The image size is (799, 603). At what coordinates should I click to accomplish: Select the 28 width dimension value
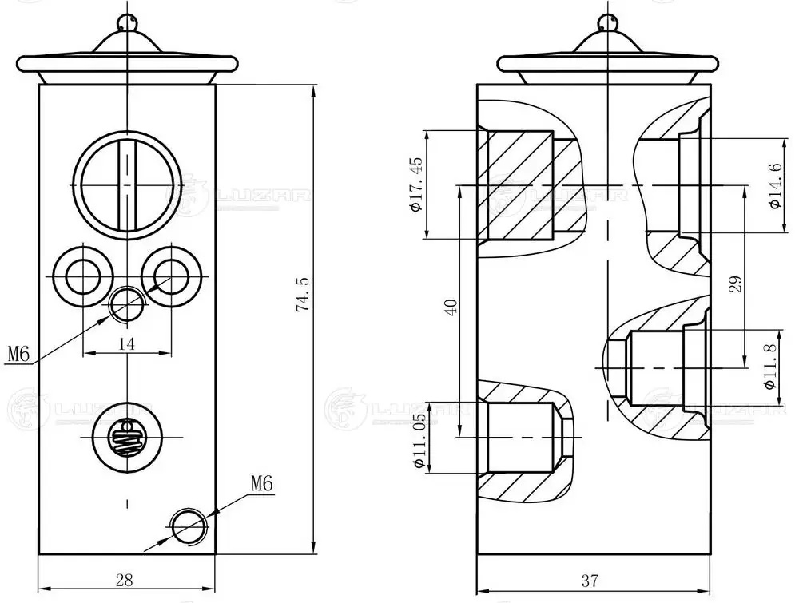click(x=125, y=579)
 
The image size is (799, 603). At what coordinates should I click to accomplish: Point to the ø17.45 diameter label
click(x=415, y=184)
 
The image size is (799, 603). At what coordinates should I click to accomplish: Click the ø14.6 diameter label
click(x=773, y=185)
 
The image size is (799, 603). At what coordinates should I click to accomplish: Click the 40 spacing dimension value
click(x=450, y=307)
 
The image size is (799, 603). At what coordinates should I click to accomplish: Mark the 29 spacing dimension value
click(x=736, y=284)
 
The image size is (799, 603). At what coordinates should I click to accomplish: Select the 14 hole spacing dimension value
click(x=126, y=343)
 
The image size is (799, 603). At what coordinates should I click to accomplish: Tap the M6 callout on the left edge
click(x=18, y=353)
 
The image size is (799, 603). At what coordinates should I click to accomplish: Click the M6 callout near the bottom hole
click(x=261, y=483)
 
